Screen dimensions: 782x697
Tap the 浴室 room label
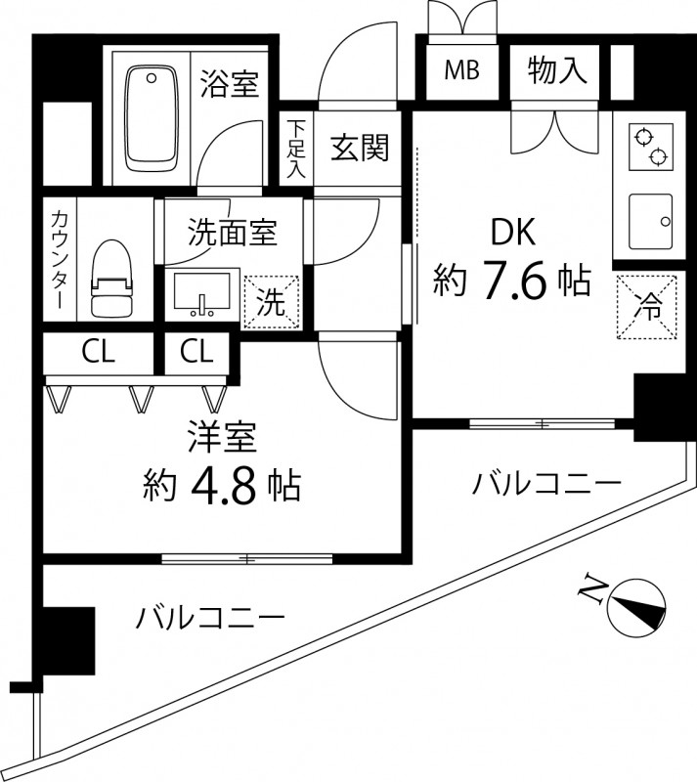[x=230, y=85]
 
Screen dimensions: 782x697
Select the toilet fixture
[x=110, y=280]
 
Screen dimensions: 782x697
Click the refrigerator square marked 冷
[x=648, y=304]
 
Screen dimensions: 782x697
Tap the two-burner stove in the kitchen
[x=648, y=147]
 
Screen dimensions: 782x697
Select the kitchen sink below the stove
[x=648, y=220]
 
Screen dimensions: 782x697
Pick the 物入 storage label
[x=557, y=70]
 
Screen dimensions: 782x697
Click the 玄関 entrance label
[x=360, y=149]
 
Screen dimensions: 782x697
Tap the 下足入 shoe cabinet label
[x=296, y=150]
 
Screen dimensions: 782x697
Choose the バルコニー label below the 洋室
[x=210, y=617]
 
